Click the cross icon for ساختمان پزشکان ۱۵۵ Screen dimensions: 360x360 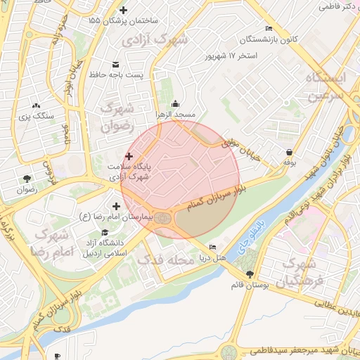coord(124,10)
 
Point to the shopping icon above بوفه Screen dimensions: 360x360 coord(289,152)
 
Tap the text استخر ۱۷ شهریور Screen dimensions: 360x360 coord(230,55)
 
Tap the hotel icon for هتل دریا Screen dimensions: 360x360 coord(213,247)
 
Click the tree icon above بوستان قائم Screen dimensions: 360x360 coord(250,274)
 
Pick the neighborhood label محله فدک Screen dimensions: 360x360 coord(165,259)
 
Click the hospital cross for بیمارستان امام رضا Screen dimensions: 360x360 coord(116,205)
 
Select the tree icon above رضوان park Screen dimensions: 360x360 coord(27,179)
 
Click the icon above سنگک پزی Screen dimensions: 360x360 coord(36,105)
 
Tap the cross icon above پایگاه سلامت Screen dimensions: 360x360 coord(129,156)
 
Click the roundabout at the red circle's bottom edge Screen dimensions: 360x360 coord(165,218)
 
